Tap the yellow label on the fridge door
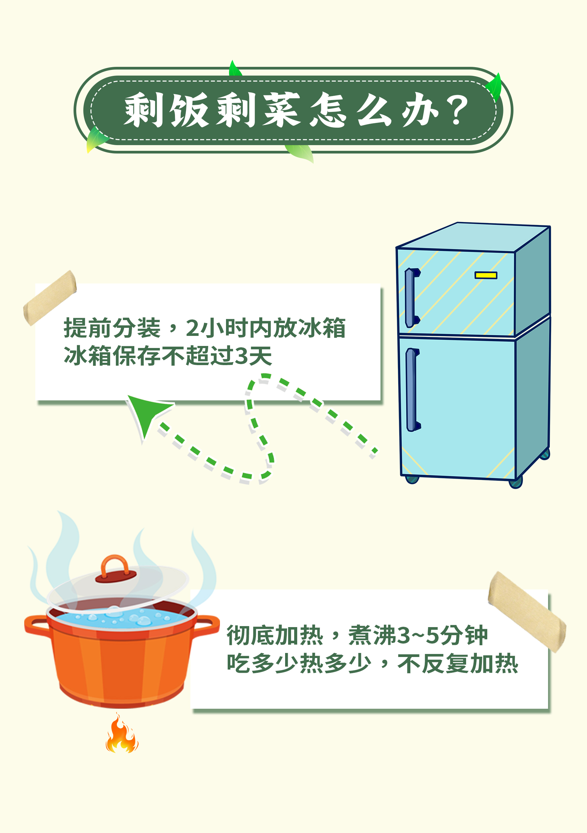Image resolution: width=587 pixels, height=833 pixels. pos(486,275)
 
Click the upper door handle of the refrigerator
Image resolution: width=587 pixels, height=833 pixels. pos(411,298)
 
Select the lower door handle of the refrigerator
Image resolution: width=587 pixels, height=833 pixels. pos(412,390)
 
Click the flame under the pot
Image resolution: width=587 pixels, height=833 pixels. pos(122,733)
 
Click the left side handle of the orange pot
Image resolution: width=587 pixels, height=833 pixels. pos(36,625)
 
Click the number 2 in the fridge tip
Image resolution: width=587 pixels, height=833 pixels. pos(192,328)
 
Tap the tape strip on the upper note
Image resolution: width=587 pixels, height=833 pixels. pos(50,298)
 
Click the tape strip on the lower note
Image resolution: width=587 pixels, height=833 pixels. pos(527,612)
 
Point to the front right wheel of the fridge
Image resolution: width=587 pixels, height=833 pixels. pos(515,482)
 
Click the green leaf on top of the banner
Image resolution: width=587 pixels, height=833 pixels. pos(235,69)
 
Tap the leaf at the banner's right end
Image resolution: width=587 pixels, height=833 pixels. pos(494,86)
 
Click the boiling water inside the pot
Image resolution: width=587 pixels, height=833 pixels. pos(120,617)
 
